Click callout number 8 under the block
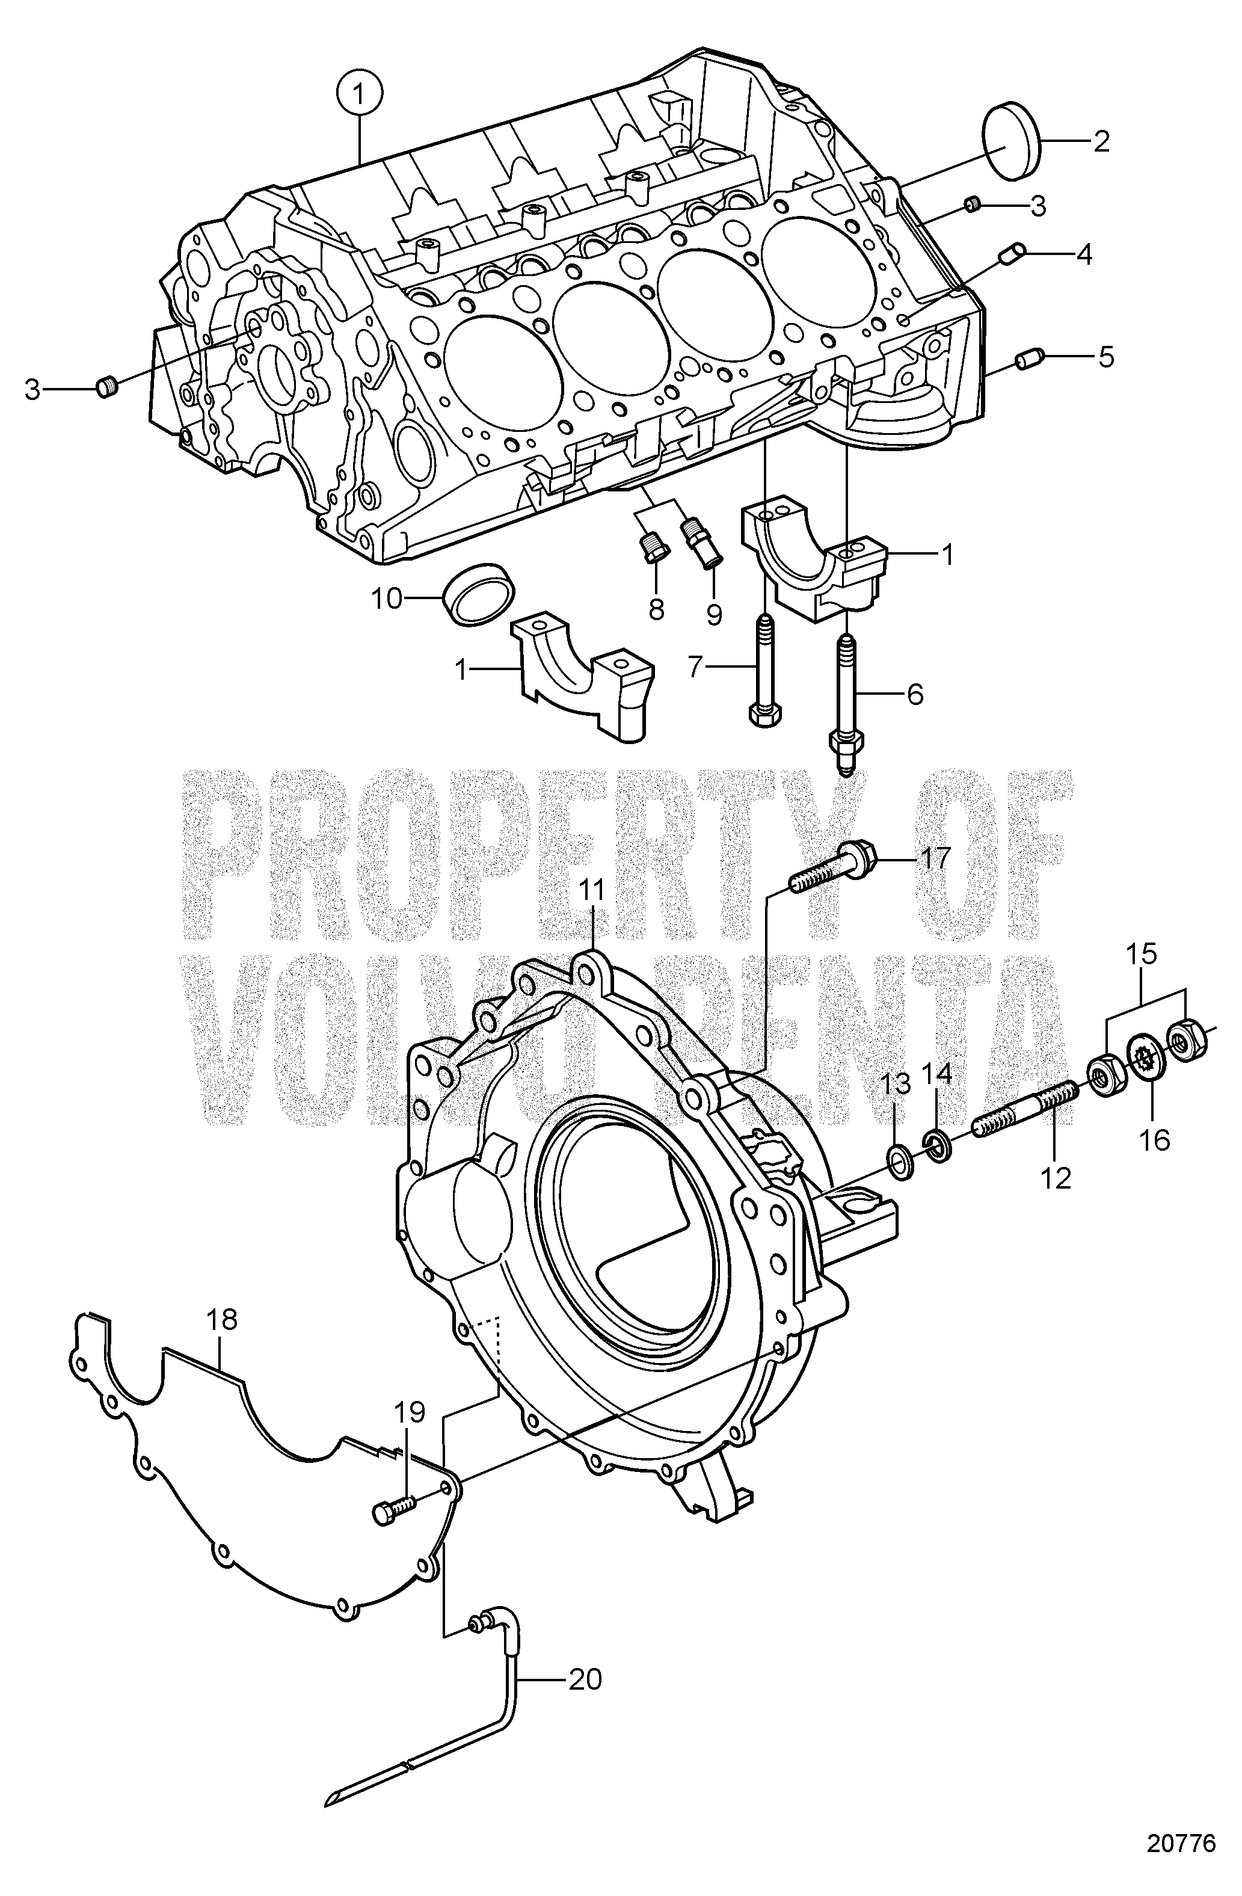tap(656, 610)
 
